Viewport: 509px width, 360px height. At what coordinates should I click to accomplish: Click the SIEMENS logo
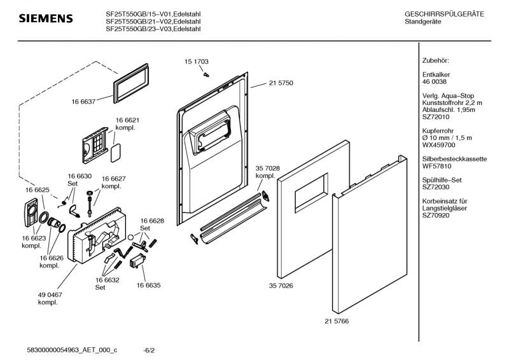[46, 18]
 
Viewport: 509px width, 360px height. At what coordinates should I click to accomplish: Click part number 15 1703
[197, 62]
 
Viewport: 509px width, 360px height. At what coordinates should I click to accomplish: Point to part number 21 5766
[337, 321]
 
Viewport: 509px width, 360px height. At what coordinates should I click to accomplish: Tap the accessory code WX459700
[440, 144]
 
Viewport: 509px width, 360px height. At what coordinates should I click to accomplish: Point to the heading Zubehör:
[436, 60]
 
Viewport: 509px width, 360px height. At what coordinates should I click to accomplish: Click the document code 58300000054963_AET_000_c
[73, 350]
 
